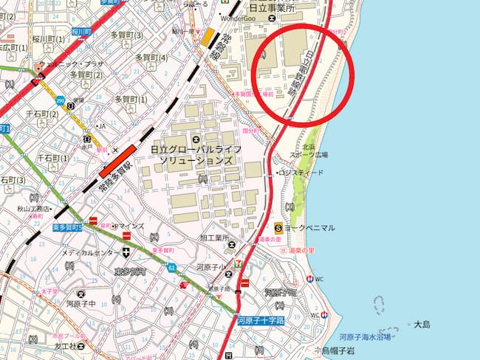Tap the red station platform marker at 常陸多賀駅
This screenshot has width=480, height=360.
pos(118,161)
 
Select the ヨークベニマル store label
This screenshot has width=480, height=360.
pos(311,227)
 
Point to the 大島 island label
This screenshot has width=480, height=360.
pos(422,325)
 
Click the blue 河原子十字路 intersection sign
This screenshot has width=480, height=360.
pos(261,320)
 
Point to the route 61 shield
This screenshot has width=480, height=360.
pos(171,267)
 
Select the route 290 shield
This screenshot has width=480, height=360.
pos(61,100)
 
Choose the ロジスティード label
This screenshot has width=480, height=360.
pos(301,173)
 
